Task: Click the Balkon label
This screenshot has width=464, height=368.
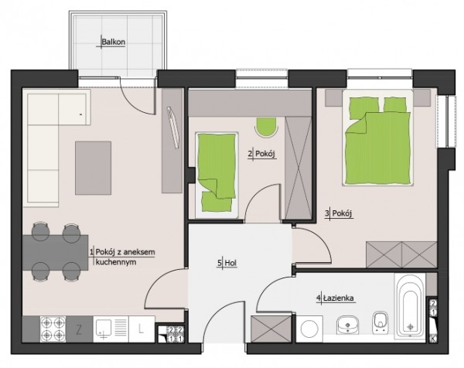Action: tap(114, 42)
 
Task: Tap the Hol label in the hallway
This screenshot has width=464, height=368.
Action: tap(230, 263)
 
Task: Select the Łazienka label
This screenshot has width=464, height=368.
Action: tap(339, 298)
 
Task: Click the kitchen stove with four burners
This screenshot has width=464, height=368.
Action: tap(53, 329)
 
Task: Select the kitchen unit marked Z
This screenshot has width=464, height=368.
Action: tap(79, 329)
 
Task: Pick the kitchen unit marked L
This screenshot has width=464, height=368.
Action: tap(142, 329)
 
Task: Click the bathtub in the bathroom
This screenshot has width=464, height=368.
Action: tap(410, 305)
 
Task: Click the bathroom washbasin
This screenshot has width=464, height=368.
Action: tap(348, 325)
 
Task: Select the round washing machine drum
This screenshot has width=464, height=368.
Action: tap(309, 329)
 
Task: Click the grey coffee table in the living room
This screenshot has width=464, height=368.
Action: tap(94, 168)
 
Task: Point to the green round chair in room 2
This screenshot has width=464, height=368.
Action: tap(266, 127)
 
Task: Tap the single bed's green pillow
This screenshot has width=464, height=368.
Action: tap(217, 202)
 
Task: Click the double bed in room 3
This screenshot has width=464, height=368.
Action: tap(377, 138)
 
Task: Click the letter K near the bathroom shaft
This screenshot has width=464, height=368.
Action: tap(433, 339)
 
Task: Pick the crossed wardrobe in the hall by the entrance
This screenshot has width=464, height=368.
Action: tap(271, 329)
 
